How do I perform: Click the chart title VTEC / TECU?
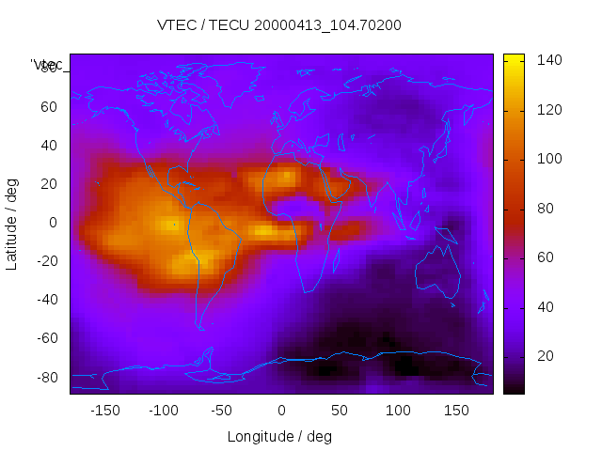pyautogui.click(x=279, y=24)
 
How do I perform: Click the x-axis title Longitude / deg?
pyautogui.click(x=279, y=436)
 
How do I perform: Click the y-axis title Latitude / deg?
pyautogui.click(x=12, y=223)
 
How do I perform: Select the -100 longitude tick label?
pyautogui.click(x=164, y=410)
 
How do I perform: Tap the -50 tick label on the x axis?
pyautogui.click(x=222, y=410)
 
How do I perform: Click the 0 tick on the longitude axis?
pyautogui.click(x=281, y=410)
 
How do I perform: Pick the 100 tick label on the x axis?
pyautogui.click(x=398, y=410)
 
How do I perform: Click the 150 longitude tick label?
pyautogui.click(x=456, y=410)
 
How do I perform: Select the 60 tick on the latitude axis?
pyautogui.click(x=49, y=107)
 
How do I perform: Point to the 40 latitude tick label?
pyautogui.click(x=49, y=146)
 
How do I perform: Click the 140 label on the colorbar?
pyautogui.click(x=549, y=60)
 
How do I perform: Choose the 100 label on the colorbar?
pyautogui.click(x=549, y=159)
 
